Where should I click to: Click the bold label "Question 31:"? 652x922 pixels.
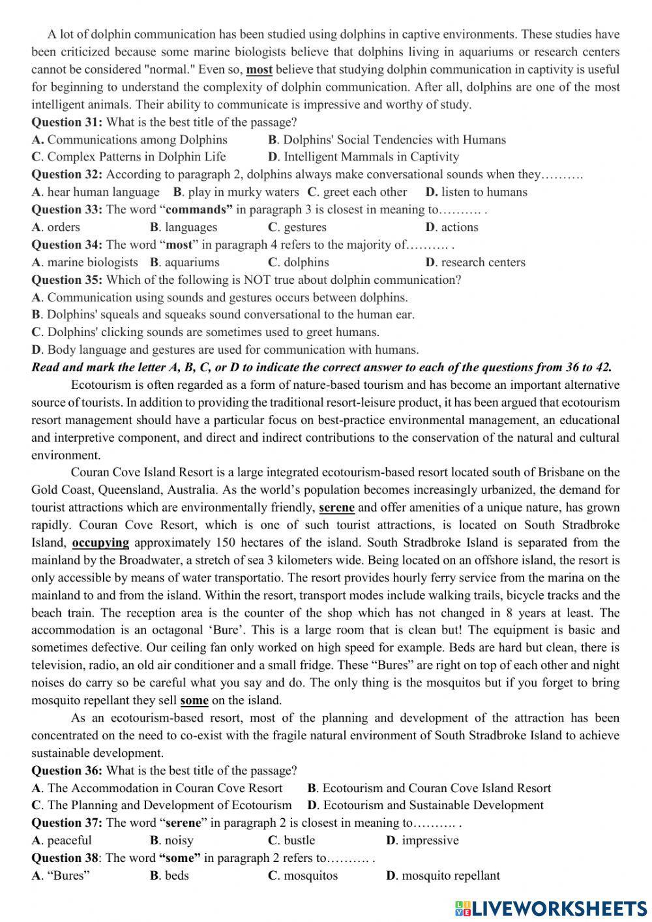point(67,122)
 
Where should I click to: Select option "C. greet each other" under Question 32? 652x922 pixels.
point(357,192)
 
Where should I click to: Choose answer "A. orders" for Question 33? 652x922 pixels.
point(56,227)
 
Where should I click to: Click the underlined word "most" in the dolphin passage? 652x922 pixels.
point(259,70)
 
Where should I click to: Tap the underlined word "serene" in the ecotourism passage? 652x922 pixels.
point(336,508)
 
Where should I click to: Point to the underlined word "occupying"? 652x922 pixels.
point(100,543)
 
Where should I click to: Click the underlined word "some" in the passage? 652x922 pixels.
point(194,701)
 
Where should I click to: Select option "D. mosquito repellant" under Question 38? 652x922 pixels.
point(443,876)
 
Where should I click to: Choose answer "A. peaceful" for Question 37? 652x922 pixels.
point(61,840)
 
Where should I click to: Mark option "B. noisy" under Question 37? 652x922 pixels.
point(171,840)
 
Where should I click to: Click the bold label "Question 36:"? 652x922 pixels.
point(67,771)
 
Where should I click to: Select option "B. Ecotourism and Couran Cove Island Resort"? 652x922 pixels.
point(429,788)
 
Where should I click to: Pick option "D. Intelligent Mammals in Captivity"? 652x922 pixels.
point(363,157)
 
